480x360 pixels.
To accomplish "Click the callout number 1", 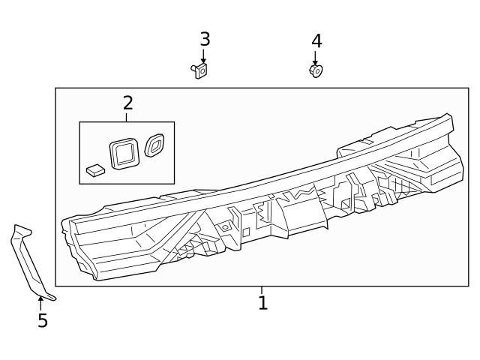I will point(262,304).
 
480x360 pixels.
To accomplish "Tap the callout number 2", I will point(127,103).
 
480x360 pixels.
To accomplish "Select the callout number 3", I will point(204,39).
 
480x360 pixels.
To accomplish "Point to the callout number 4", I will point(316,41).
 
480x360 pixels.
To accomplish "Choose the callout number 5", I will point(43,321).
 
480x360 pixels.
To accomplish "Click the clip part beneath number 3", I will point(200,70).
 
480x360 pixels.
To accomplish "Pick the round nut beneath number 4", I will point(316,70).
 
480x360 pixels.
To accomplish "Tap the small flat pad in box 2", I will point(94,170).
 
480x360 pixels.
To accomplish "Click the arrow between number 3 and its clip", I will point(203,56).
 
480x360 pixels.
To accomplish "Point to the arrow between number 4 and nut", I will point(316,58).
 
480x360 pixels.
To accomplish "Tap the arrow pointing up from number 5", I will point(41,303).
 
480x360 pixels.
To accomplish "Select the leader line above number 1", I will point(262,290).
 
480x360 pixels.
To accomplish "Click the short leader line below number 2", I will point(127,117).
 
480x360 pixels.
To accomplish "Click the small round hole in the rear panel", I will point(223,226).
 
